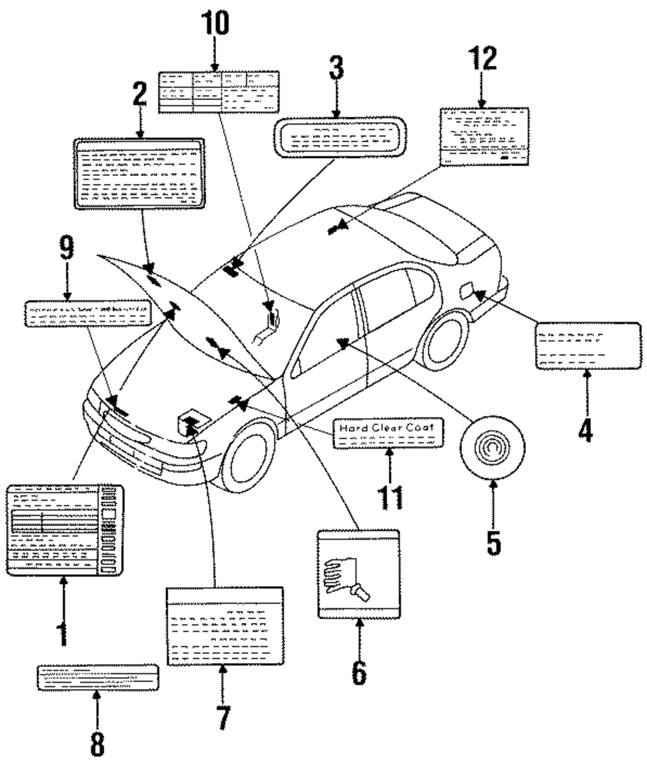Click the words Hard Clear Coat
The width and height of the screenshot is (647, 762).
click(x=388, y=428)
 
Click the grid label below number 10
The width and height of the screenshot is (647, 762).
click(x=219, y=92)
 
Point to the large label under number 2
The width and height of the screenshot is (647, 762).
click(x=140, y=173)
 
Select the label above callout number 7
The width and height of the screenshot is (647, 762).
click(x=225, y=626)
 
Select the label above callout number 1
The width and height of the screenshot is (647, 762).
click(x=64, y=529)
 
